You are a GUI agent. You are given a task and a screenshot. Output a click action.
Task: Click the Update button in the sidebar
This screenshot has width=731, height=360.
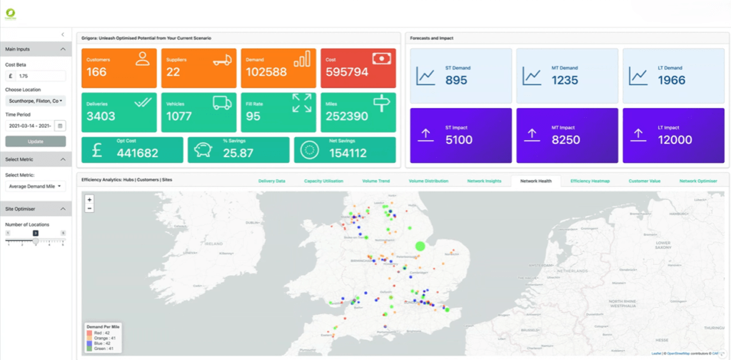pos(36,141)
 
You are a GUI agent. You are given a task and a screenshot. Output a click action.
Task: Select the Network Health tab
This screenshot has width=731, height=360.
pos(535,181)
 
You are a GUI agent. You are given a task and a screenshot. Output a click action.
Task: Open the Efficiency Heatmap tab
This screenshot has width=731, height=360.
pos(591,181)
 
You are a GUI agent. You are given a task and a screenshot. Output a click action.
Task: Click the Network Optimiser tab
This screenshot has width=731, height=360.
pos(698,181)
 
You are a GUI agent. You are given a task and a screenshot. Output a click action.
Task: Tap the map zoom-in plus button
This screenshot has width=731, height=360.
pos(89,199)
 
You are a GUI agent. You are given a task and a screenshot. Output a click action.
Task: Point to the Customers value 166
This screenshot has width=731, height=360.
pos(97,72)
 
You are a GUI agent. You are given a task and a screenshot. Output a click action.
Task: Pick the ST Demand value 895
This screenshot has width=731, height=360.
pos(456,80)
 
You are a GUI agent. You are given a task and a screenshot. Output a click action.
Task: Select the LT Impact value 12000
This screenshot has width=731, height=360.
pos(674,140)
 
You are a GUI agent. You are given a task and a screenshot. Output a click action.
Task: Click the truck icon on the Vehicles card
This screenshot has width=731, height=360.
pos(222,102)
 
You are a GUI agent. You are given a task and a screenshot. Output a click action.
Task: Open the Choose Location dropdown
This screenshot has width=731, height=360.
pos(36,101)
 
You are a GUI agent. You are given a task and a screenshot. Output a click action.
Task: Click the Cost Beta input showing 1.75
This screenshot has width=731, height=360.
pos(40,76)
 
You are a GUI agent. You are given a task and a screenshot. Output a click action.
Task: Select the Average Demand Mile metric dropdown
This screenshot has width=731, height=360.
pos(36,186)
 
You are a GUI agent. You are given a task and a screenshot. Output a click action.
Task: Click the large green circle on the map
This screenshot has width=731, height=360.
pos(420,246)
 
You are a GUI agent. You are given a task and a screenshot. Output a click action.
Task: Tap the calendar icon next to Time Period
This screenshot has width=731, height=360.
pos(61,126)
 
